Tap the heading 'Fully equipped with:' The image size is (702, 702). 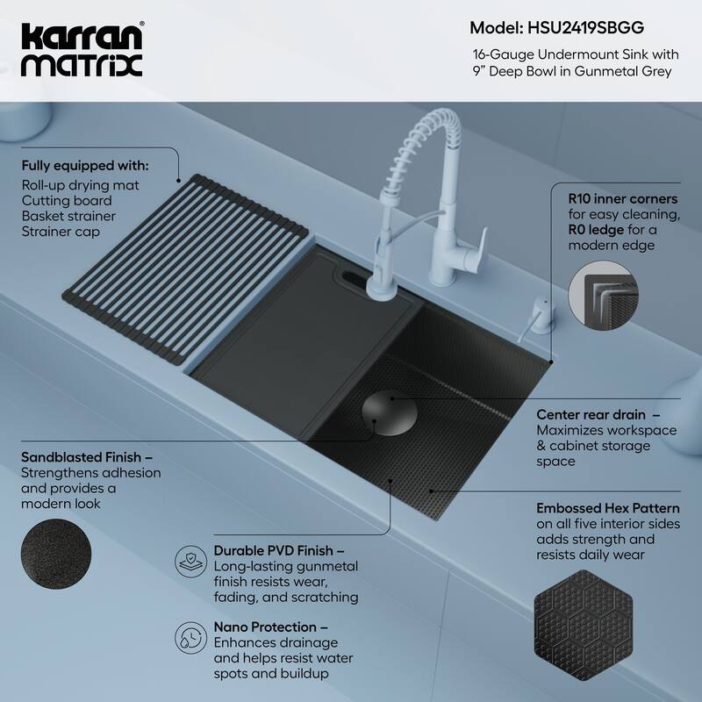pos(85,166)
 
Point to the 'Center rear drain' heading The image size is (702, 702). pos(591,413)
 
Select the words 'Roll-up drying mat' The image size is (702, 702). pos(80,184)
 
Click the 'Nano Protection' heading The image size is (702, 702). pos(265,627)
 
